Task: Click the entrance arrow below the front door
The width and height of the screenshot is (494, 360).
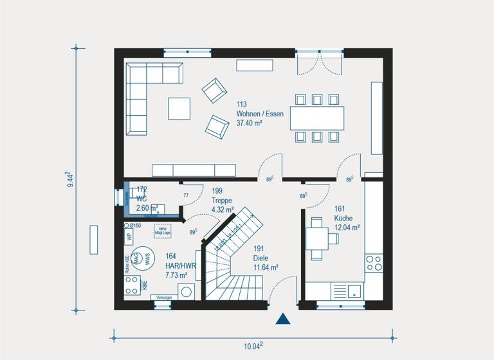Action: coord(282,319)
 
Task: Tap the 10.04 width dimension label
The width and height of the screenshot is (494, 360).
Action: coord(253,346)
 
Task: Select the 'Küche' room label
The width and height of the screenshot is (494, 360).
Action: coord(343,218)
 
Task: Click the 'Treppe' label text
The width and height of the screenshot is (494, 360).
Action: coord(222,200)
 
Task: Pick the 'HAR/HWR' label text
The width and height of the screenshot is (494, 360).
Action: coord(180,265)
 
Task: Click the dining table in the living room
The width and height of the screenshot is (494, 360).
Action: coord(316,118)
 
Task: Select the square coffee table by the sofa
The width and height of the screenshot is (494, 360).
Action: coord(179,108)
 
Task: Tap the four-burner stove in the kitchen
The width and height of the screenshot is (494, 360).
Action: coord(373,262)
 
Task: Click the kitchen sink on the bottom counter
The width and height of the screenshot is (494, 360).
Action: coord(355,291)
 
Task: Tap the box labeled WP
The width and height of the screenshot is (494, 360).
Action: coord(129,236)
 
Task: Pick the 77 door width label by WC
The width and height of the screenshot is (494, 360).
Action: coord(186,195)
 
